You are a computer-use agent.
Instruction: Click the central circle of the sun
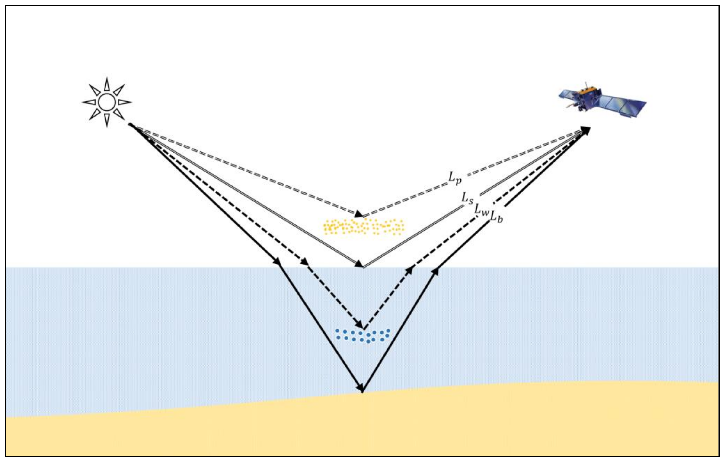click(x=107, y=102)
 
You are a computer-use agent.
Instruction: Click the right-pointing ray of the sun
click(x=124, y=102)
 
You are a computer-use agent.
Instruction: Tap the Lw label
click(x=482, y=209)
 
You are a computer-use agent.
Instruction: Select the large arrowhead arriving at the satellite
click(x=586, y=131)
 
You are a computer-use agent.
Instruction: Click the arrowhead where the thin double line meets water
click(x=359, y=264)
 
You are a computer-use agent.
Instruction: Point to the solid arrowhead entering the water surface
click(x=277, y=262)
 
